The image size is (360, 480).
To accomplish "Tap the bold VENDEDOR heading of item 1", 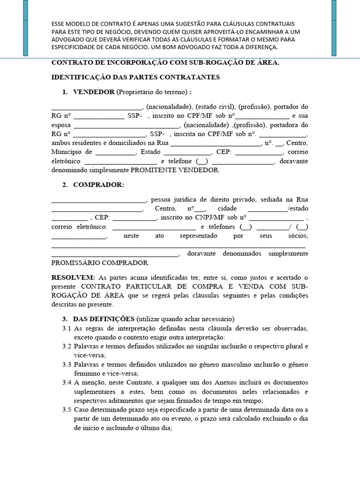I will [x=94, y=92].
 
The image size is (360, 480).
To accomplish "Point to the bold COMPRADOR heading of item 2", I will [x=98, y=185].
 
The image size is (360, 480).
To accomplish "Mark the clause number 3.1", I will [x=66, y=328].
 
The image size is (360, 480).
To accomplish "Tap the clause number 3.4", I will [x=66, y=382].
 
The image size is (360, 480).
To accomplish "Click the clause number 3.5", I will [x=66, y=410].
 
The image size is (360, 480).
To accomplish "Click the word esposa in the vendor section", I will [x=61, y=125].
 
